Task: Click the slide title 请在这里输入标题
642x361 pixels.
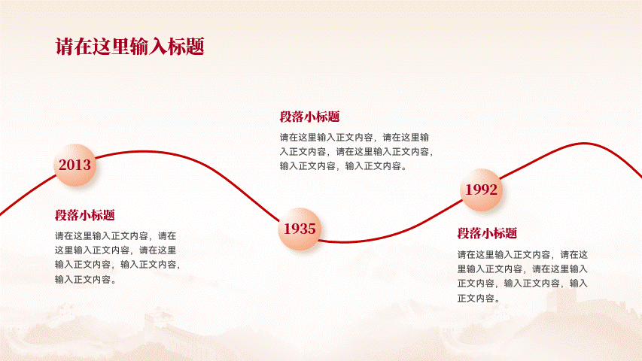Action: [x=129, y=46]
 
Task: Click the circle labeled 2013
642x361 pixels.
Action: [x=75, y=165]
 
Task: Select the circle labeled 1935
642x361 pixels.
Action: [x=300, y=229]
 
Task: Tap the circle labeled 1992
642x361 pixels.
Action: [x=481, y=190]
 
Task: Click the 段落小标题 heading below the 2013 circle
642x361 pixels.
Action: [x=85, y=215]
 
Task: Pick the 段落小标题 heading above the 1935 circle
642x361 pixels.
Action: [x=309, y=117]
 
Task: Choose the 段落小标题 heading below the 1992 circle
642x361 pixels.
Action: [x=487, y=233]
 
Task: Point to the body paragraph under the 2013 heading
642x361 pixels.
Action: [x=117, y=257]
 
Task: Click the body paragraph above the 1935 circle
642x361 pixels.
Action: [x=356, y=151]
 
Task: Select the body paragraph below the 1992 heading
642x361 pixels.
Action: [x=522, y=276]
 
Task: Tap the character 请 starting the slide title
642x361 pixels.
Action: [x=64, y=46]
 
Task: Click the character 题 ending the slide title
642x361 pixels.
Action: [x=195, y=46]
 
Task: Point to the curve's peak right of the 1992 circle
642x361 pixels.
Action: [x=584, y=143]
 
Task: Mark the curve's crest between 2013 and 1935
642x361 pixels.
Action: [x=144, y=151]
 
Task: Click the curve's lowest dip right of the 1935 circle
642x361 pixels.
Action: [x=345, y=242]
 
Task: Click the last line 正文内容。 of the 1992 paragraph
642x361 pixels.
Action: [x=479, y=298]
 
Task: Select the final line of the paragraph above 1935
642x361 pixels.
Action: [x=343, y=165]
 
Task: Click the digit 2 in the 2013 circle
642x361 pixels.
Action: [x=62, y=165]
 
